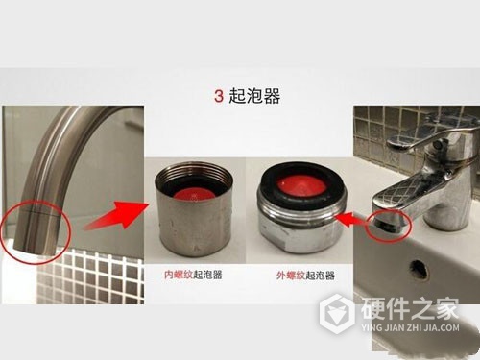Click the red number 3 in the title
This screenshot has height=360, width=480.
(219, 97)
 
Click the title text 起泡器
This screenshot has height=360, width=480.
(252, 97)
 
